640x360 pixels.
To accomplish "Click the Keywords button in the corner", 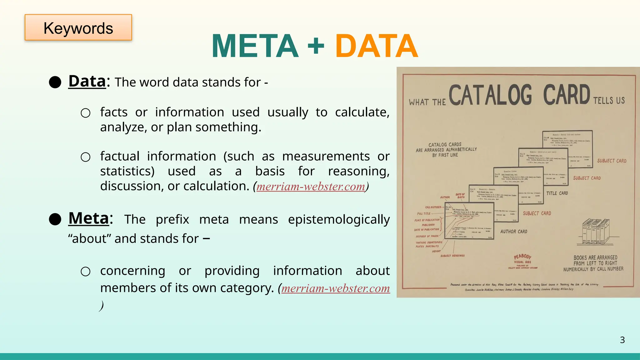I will pyautogui.click(x=78, y=27).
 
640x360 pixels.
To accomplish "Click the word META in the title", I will pyautogui.click(x=255, y=46).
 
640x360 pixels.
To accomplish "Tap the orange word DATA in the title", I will pyautogui.click(x=377, y=46).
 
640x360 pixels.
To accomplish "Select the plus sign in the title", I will pyautogui.click(x=316, y=46).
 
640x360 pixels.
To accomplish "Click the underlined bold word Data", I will pyautogui.click(x=87, y=82).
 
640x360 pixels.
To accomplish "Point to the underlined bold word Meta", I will pyautogui.click(x=89, y=218).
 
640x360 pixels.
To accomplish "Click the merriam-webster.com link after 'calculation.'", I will pyautogui.click(x=311, y=187).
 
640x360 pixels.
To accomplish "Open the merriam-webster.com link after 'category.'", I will pyautogui.click(x=335, y=288).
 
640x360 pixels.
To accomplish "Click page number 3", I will pyautogui.click(x=622, y=340).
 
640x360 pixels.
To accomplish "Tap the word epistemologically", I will pyautogui.click(x=339, y=219).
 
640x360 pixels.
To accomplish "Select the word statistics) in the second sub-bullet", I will pyautogui.click(x=127, y=171).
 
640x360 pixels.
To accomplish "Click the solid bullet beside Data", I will pyautogui.click(x=55, y=82).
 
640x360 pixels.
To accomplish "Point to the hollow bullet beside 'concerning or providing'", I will pyautogui.click(x=85, y=271).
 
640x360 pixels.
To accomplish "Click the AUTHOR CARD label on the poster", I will pyautogui.click(x=513, y=232).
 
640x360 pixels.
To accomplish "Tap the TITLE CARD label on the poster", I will pyautogui.click(x=557, y=193).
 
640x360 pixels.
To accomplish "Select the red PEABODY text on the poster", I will pyautogui.click(x=522, y=257).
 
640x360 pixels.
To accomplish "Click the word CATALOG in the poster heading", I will pyautogui.click(x=490, y=95).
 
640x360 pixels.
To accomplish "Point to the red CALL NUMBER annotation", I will pyautogui.click(x=433, y=207).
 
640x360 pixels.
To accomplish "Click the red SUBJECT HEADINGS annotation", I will pyautogui.click(x=452, y=256).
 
